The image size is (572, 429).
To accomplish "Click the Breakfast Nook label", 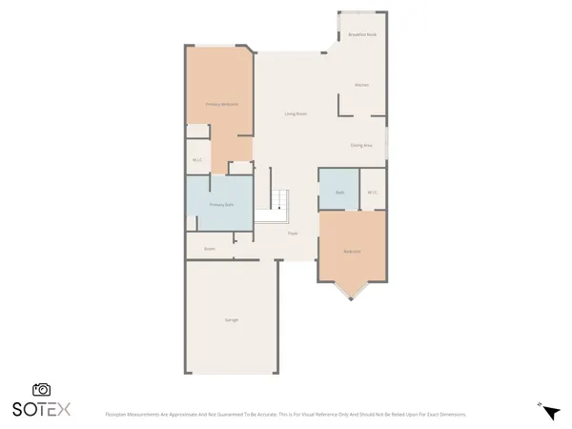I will (361, 34).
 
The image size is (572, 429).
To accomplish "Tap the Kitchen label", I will (361, 85).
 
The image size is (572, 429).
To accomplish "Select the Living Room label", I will (296, 113).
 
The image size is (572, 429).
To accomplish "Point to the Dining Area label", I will (361, 145).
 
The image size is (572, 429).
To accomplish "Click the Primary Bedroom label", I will (222, 104).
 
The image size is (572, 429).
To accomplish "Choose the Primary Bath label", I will (222, 205).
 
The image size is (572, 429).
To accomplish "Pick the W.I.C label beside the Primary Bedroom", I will (196, 160).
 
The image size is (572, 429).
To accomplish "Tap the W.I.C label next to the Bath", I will (373, 193).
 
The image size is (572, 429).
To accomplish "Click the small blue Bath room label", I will (339, 193).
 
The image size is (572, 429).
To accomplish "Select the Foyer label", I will (293, 234).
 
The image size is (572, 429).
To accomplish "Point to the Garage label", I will (231, 319).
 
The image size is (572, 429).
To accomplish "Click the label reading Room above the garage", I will (209, 249).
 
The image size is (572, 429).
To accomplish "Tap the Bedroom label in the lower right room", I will (352, 252).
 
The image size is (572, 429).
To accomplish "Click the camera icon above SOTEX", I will (41, 389).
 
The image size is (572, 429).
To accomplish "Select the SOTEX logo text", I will (41, 409).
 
